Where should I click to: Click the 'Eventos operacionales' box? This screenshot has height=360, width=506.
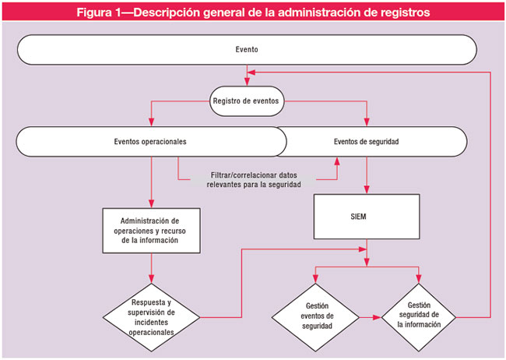coord(149,142)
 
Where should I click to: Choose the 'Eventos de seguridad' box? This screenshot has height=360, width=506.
coord(366,142)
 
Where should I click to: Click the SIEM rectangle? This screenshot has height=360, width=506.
coord(366,217)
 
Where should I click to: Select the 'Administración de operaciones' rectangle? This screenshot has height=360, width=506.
coord(149,230)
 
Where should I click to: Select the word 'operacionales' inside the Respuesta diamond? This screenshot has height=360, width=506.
coord(149,332)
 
